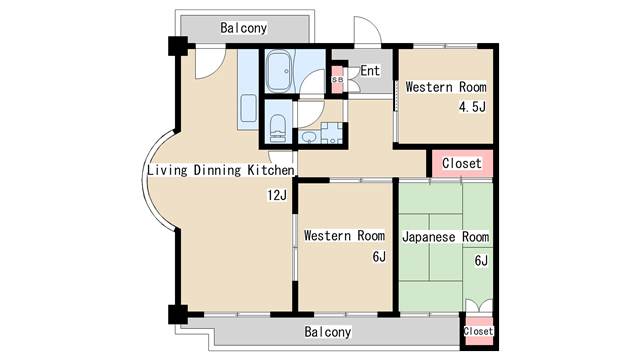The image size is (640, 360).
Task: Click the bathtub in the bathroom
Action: (279, 71)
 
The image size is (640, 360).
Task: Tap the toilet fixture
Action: (278, 128)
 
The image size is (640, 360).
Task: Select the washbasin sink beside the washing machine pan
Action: (309, 137)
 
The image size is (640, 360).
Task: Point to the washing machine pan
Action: (331, 133)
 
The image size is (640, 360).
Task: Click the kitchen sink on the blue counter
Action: (248, 109)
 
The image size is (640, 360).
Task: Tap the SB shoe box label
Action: (338, 80)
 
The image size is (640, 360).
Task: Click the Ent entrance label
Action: (370, 71)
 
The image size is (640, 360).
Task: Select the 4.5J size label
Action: (472, 107)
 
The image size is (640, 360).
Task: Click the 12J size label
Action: (277, 195)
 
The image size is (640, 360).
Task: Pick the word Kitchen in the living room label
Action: (271, 170)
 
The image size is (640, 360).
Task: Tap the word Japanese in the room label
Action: (429, 237)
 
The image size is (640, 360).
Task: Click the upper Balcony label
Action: (243, 28)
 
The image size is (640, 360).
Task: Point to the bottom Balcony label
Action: (328, 331)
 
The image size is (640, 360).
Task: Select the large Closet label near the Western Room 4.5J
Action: (462, 163)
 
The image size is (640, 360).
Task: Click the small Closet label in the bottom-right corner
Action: (478, 331)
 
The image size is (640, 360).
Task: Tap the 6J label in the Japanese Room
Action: (481, 260)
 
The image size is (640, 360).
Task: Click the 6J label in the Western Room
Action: (379, 256)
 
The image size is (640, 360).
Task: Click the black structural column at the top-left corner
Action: (178, 46)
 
